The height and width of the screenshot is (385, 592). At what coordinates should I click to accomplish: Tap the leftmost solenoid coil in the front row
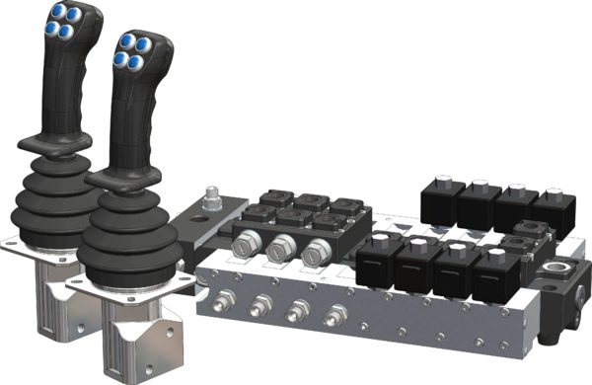[x=380, y=262]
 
